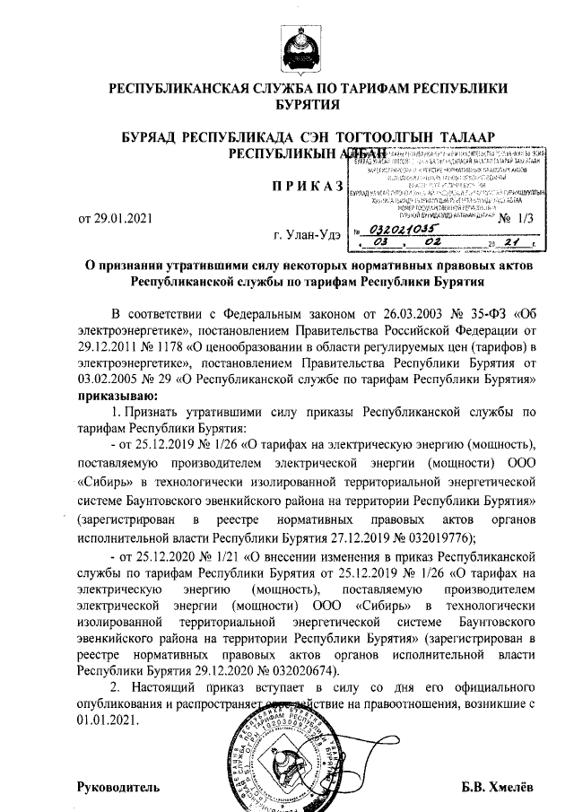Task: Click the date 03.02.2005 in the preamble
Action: pyautogui.click(x=111, y=379)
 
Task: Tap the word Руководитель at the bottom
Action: pyautogui.click(x=118, y=787)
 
